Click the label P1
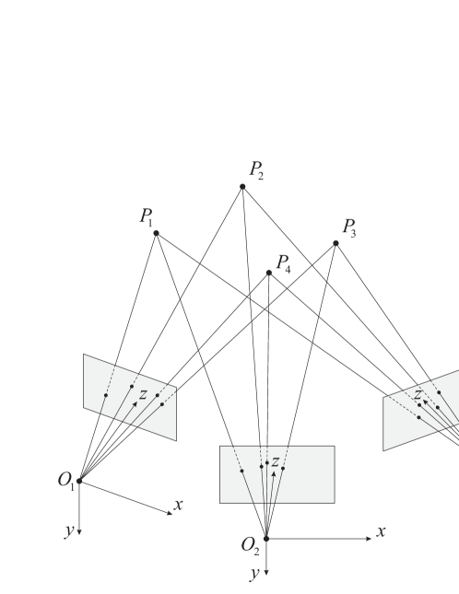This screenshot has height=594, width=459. (147, 217)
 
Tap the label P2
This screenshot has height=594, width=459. (256, 170)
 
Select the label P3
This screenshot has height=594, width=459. (348, 227)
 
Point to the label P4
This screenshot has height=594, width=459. (283, 264)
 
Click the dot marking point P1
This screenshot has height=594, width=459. (156, 234)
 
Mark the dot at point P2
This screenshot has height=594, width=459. (243, 187)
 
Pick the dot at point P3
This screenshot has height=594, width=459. (335, 243)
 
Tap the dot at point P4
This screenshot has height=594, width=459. (269, 273)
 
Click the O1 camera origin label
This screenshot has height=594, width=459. (66, 480)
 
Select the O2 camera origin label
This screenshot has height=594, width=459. (251, 545)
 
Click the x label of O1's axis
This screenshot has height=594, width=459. (178, 505)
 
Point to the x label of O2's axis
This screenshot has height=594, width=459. (381, 531)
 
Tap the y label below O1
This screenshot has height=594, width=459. (68, 530)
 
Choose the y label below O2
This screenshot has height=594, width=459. (254, 573)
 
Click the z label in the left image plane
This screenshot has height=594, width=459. (143, 394)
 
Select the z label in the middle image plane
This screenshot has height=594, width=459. (275, 461)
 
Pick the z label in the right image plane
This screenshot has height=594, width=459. (418, 395)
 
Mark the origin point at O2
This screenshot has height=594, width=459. (266, 539)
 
